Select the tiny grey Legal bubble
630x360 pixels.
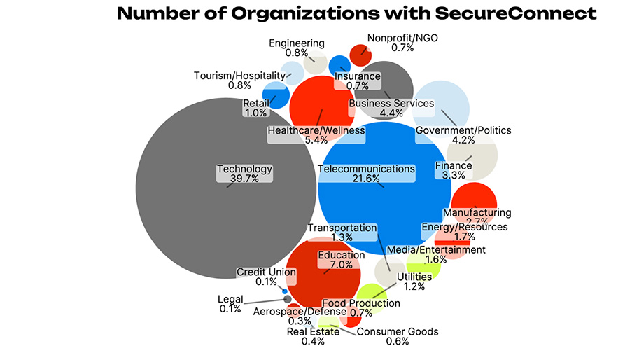pos(287,299)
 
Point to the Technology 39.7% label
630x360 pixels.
pos(244,174)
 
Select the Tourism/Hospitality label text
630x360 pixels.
pos(239,76)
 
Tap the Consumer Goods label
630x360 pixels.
pos(398,331)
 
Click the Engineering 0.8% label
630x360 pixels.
pos(297,48)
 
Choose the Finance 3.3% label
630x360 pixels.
pos(454,170)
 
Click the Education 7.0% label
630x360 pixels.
pos(342,260)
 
